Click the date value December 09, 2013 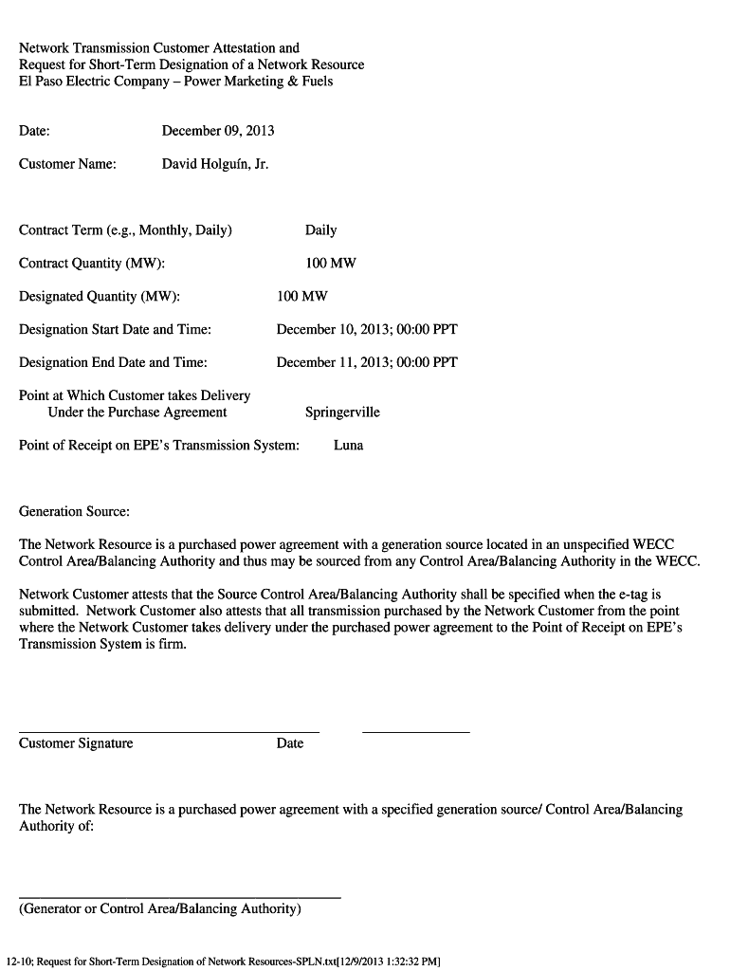218,131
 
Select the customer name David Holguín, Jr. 215,164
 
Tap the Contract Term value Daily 320,230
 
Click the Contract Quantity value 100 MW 331,264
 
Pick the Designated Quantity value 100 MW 302,297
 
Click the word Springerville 342,412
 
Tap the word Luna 348,446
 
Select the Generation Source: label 74,512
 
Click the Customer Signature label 76,743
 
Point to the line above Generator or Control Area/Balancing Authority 180,897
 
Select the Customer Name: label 67,164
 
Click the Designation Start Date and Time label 115,330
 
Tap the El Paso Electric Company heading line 176,82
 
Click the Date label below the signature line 290,743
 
